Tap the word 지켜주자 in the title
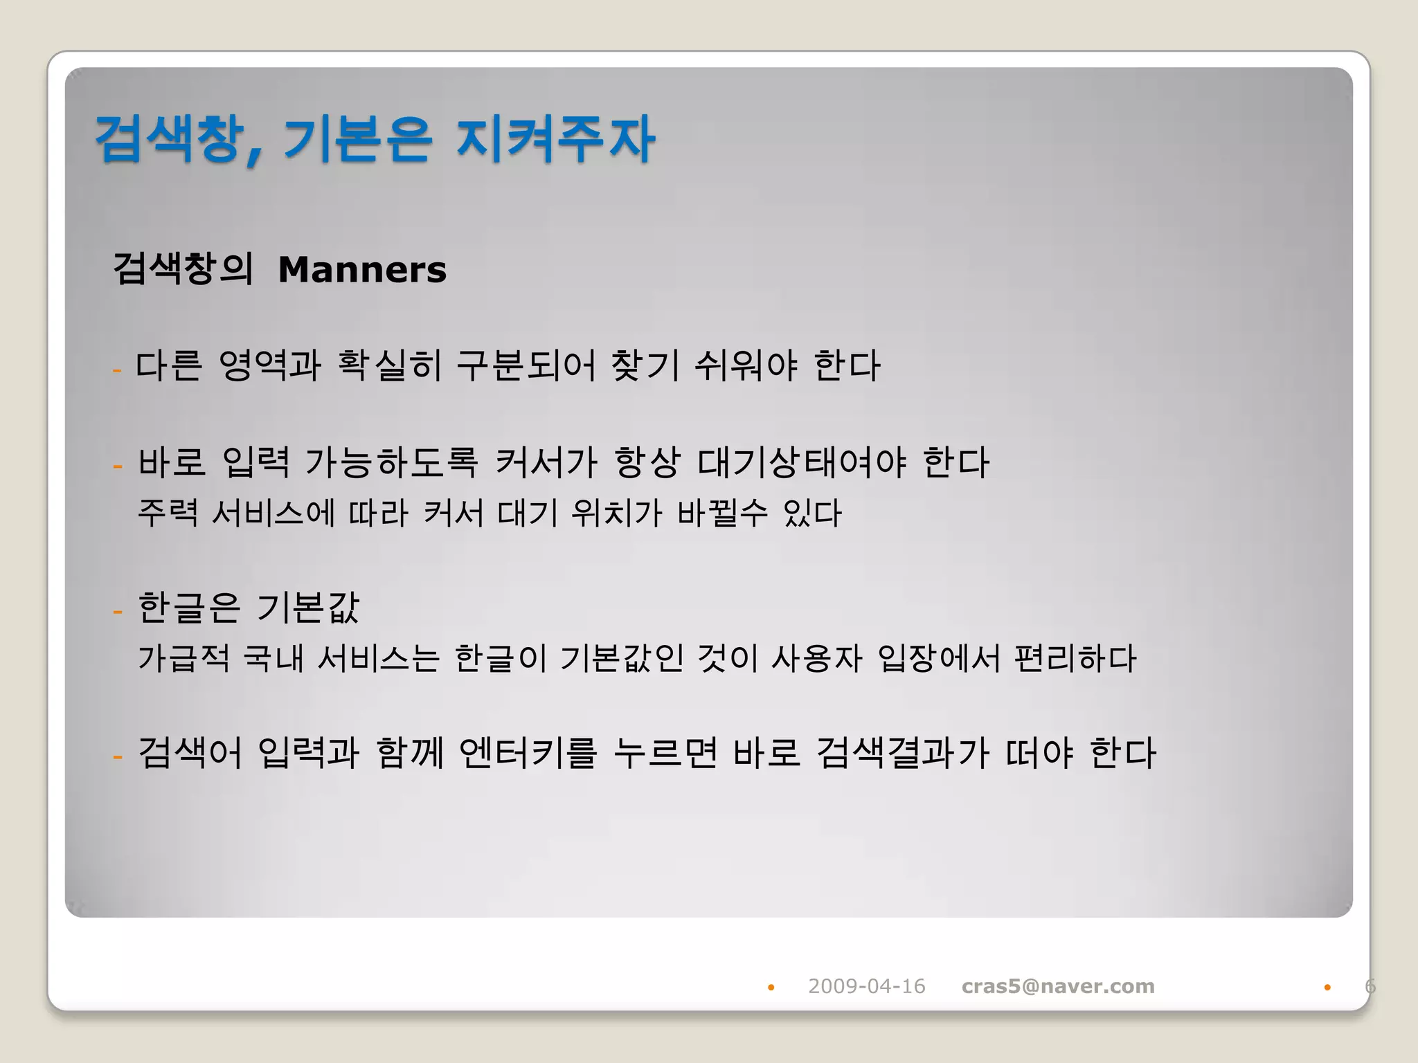pos(555,140)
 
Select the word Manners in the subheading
pos(362,270)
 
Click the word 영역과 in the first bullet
pos(269,365)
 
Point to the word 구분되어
pos(526,365)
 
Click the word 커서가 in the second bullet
pos(546,462)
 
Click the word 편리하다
pos(1075,658)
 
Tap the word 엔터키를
pos(528,753)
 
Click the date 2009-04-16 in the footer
pos(866,986)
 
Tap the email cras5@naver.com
pos(1058,986)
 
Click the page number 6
pos(1370,986)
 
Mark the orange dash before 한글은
pos(118,612)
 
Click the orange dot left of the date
pos(771,988)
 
